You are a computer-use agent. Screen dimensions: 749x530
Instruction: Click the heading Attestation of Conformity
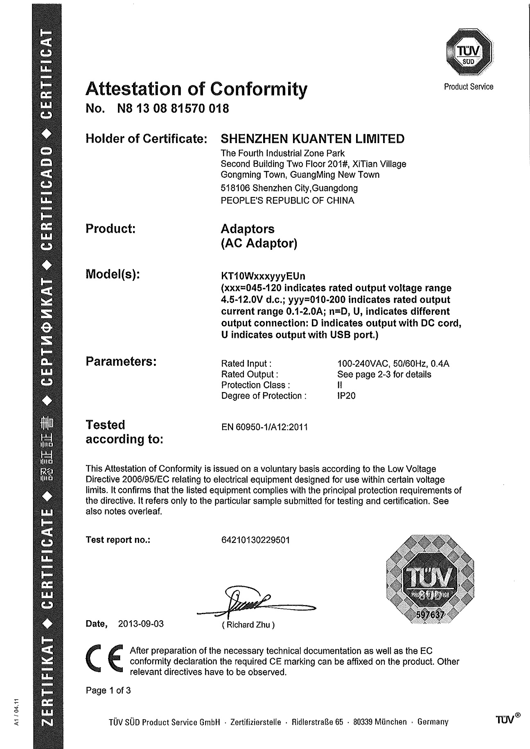click(x=196, y=89)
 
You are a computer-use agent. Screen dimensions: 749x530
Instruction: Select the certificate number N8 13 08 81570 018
click(x=173, y=109)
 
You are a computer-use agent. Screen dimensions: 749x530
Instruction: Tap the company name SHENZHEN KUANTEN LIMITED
click(x=312, y=139)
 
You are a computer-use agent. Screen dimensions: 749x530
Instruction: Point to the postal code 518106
click(x=235, y=188)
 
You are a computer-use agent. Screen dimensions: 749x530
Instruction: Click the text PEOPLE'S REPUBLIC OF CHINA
click(x=287, y=201)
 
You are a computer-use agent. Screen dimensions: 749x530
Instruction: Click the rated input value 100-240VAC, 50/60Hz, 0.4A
click(x=393, y=363)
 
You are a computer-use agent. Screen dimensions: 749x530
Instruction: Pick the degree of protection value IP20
click(x=346, y=396)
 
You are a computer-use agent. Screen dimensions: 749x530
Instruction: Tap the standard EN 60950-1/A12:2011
click(x=264, y=428)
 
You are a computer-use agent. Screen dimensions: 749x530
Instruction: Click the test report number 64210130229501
click(x=255, y=540)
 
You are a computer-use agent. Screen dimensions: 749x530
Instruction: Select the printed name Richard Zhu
click(x=248, y=625)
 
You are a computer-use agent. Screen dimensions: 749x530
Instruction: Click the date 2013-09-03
click(x=141, y=624)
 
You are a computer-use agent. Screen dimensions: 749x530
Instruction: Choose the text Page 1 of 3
click(x=108, y=691)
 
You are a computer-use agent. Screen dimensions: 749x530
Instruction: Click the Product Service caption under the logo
click(x=469, y=87)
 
